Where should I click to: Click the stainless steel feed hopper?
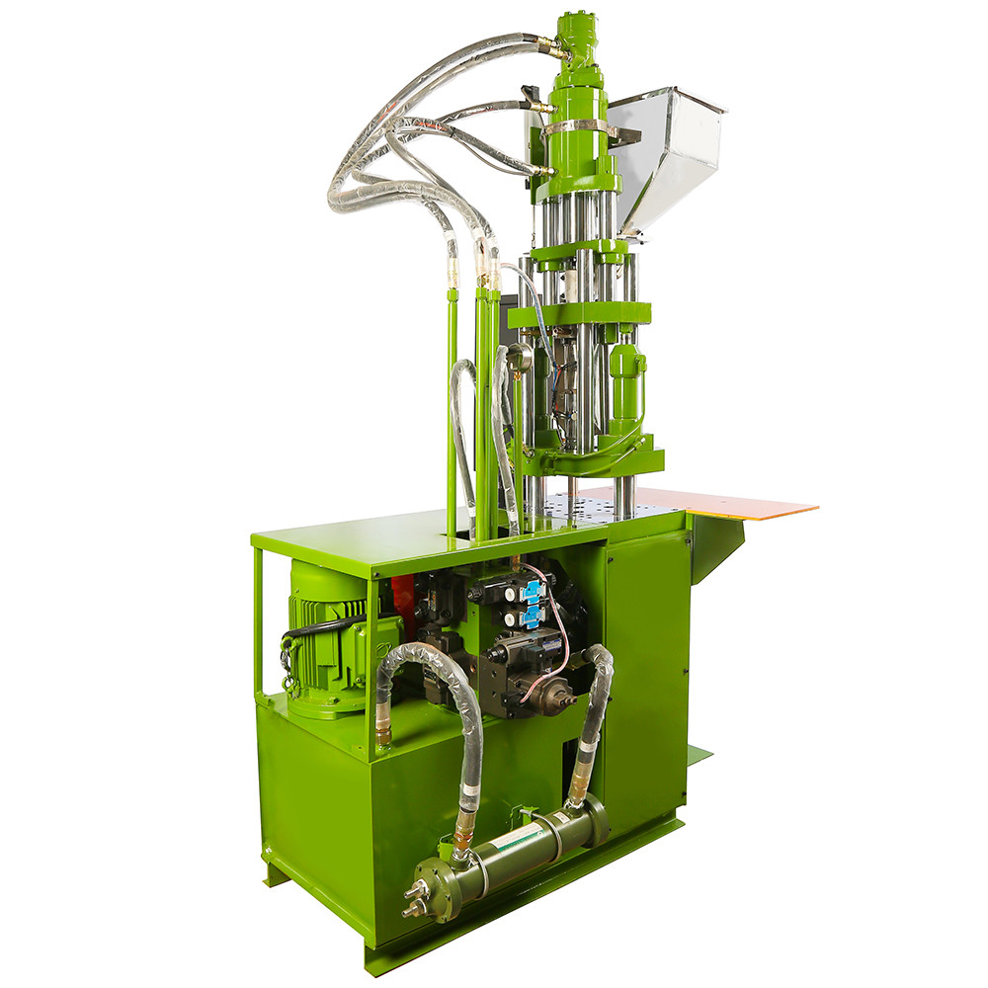tap(664, 158)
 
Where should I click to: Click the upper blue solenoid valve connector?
tap(532, 591)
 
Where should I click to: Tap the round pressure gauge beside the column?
tap(518, 357)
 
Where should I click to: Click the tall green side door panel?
tap(647, 672)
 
